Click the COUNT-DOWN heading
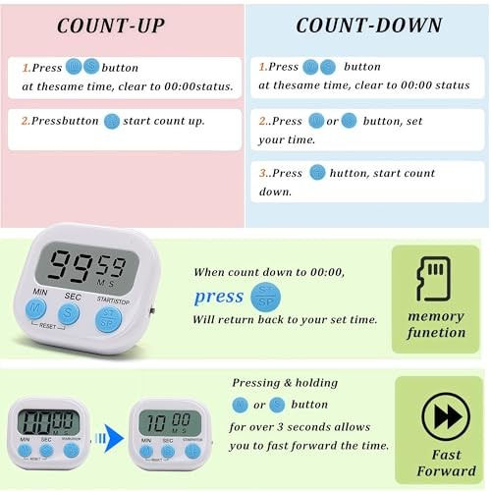tap(368, 25)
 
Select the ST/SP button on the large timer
tap(108, 317)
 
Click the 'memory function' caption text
tap(436, 324)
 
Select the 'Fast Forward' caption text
tap(440, 463)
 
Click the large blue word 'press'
tap(218, 296)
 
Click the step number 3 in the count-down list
tap(263, 173)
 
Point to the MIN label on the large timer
tap(40, 292)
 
